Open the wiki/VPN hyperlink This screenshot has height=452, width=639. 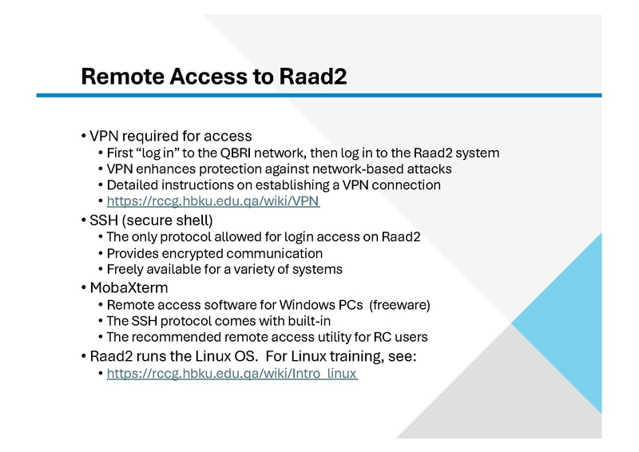point(213,201)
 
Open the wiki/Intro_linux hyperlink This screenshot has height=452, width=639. point(232,373)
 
